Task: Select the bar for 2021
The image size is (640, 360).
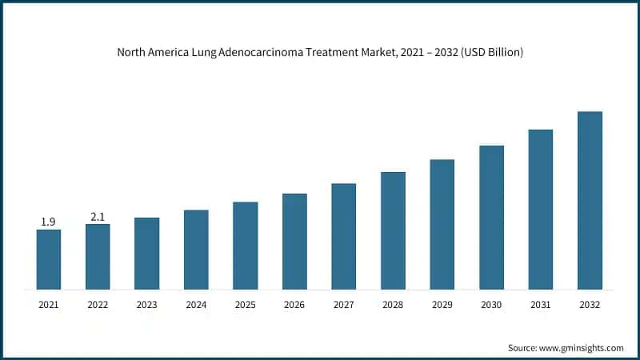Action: point(48,259)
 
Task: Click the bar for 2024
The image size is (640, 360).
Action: point(196,250)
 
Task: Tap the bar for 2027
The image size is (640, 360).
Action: point(344,236)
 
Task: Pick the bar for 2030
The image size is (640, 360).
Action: point(491,217)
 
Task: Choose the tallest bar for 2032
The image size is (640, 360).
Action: point(590,200)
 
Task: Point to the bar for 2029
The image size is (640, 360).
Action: point(442,224)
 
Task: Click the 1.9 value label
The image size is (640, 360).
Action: point(48,222)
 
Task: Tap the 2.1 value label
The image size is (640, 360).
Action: point(98,216)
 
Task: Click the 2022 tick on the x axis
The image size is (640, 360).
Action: point(98,305)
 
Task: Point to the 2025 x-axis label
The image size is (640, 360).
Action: point(246,305)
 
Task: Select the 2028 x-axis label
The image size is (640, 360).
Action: point(393,305)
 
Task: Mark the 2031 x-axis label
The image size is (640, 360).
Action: point(541,305)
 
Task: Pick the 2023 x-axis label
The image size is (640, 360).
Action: point(147,305)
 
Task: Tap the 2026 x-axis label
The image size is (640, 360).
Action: point(294,305)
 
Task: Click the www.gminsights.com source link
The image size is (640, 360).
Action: point(582,348)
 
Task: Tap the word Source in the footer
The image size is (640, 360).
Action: point(523,348)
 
